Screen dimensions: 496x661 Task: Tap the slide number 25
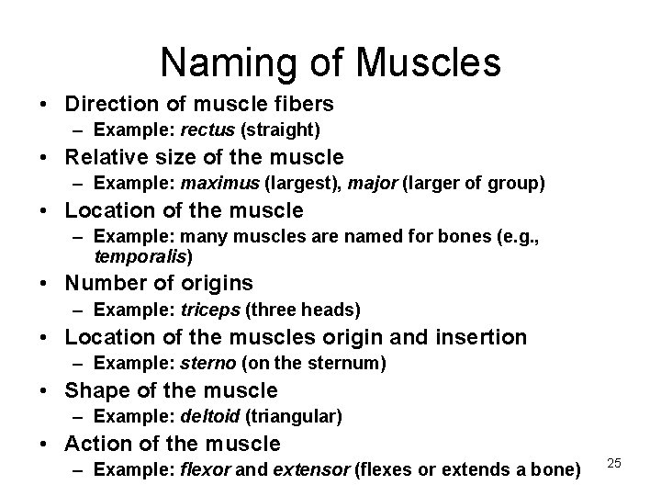click(x=615, y=463)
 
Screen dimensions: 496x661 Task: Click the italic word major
click(x=374, y=184)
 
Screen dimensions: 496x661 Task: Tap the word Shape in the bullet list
click(x=93, y=390)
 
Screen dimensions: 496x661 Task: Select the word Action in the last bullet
click(x=95, y=444)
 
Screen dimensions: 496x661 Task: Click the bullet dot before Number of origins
click(x=45, y=283)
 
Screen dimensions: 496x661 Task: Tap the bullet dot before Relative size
click(x=45, y=157)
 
